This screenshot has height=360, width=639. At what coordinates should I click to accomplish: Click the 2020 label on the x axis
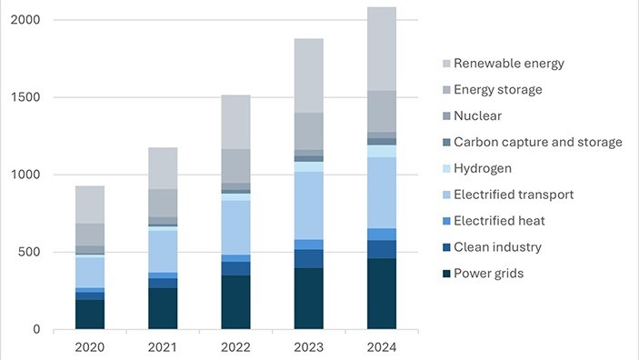(x=90, y=346)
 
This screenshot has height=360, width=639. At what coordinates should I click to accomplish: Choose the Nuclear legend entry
(x=476, y=116)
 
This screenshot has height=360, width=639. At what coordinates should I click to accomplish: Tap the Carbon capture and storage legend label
(x=537, y=143)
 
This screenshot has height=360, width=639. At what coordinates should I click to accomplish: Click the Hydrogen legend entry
(x=483, y=169)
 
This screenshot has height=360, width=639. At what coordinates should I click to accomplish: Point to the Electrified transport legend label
(x=513, y=195)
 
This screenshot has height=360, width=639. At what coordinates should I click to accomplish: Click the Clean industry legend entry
(x=496, y=247)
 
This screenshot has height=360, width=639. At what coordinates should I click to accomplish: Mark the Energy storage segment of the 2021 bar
(x=163, y=203)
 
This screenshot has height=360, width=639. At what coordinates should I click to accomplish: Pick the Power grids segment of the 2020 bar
(x=90, y=315)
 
